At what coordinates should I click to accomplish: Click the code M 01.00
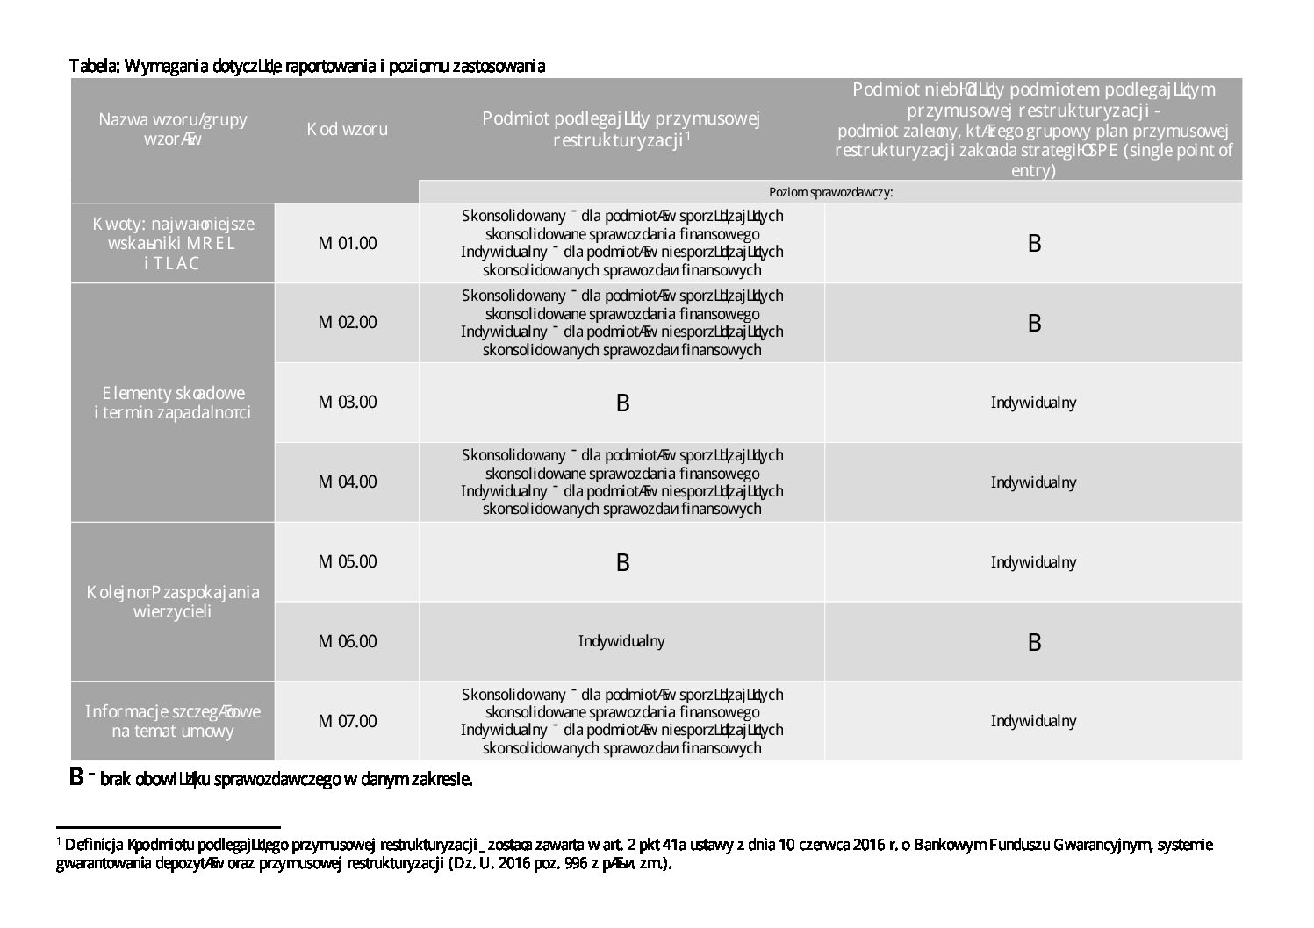pyautogui.click(x=347, y=243)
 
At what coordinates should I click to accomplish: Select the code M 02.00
pyautogui.click(x=347, y=322)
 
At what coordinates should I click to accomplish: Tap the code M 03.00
pyautogui.click(x=347, y=402)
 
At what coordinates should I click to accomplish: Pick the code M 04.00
pyautogui.click(x=347, y=482)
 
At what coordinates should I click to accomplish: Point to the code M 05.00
pyautogui.click(x=347, y=561)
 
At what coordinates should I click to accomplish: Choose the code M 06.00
pyautogui.click(x=347, y=641)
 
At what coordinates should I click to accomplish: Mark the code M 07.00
pyautogui.click(x=347, y=721)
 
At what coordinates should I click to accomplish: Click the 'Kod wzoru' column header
pyautogui.click(x=347, y=129)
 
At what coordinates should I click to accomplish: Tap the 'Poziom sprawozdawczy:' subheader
pyautogui.click(x=830, y=192)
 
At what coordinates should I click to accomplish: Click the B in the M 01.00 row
pyautogui.click(x=1034, y=244)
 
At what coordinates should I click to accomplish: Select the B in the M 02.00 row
pyautogui.click(x=1034, y=324)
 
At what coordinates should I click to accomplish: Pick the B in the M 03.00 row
pyautogui.click(x=622, y=403)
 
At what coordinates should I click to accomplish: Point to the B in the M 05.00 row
pyautogui.click(x=622, y=563)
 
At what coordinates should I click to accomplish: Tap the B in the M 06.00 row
pyautogui.click(x=1034, y=643)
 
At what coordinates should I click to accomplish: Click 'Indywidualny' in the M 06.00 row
pyautogui.click(x=621, y=641)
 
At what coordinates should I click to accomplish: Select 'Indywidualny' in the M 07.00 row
pyautogui.click(x=1033, y=721)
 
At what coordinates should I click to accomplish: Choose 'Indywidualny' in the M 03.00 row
pyautogui.click(x=1033, y=403)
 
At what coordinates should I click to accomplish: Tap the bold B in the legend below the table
pyautogui.click(x=76, y=777)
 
